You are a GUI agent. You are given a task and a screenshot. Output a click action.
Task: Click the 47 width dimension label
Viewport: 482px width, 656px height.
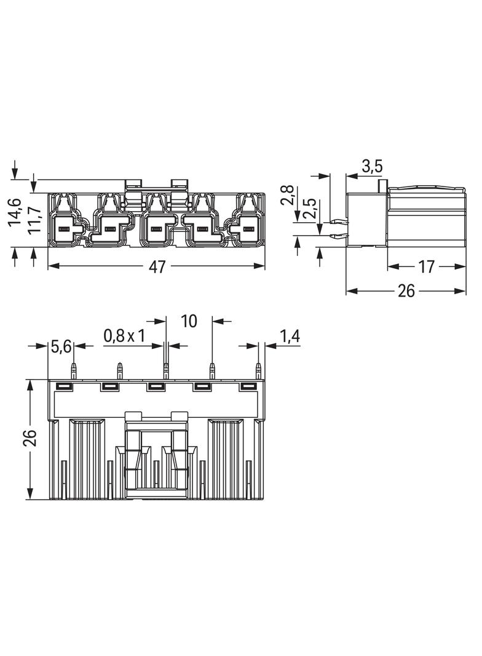[x=157, y=266]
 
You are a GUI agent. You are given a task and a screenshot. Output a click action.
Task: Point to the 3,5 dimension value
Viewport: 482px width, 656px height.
[x=372, y=166]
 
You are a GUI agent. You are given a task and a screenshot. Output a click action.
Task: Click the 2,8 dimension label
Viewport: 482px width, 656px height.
[x=288, y=195]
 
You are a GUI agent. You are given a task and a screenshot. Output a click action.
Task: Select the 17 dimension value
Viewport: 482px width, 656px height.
[x=426, y=266]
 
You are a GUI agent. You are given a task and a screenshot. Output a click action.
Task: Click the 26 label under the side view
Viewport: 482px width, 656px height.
[x=406, y=290]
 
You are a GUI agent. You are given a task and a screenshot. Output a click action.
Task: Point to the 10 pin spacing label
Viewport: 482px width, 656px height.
[x=189, y=321]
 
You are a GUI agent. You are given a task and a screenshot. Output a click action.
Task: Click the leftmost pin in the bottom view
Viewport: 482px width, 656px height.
[x=74, y=370]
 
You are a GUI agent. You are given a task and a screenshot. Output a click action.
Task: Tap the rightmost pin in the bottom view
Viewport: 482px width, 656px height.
[x=258, y=370]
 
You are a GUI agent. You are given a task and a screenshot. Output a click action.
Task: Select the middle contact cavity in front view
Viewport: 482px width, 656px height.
[x=157, y=229]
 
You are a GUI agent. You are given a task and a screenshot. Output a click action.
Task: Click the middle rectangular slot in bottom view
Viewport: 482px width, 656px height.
[x=157, y=386]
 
